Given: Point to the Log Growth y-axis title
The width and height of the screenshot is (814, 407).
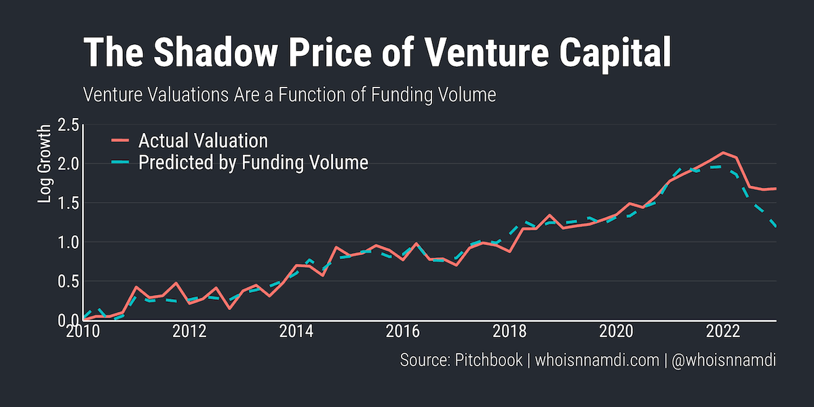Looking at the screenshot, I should (45, 163).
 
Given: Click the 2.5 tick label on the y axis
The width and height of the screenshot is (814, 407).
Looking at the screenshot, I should (69, 125).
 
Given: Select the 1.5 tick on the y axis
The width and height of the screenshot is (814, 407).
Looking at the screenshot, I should (69, 203).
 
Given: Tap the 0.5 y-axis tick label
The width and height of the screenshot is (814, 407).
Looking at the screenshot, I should (69, 281).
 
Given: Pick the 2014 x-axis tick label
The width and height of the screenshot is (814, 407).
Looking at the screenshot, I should (296, 332).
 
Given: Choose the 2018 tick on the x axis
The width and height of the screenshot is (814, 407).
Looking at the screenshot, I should (509, 332).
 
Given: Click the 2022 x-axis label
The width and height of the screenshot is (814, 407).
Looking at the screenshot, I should (722, 332).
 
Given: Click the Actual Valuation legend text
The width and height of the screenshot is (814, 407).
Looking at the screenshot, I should (203, 141).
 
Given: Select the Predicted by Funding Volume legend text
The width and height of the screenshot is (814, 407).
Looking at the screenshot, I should (253, 163).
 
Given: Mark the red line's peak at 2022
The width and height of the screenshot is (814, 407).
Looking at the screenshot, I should (723, 153).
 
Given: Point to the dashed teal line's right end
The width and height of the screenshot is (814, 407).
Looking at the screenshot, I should (775, 226).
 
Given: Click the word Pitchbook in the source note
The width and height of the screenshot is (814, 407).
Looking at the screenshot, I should (487, 360).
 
